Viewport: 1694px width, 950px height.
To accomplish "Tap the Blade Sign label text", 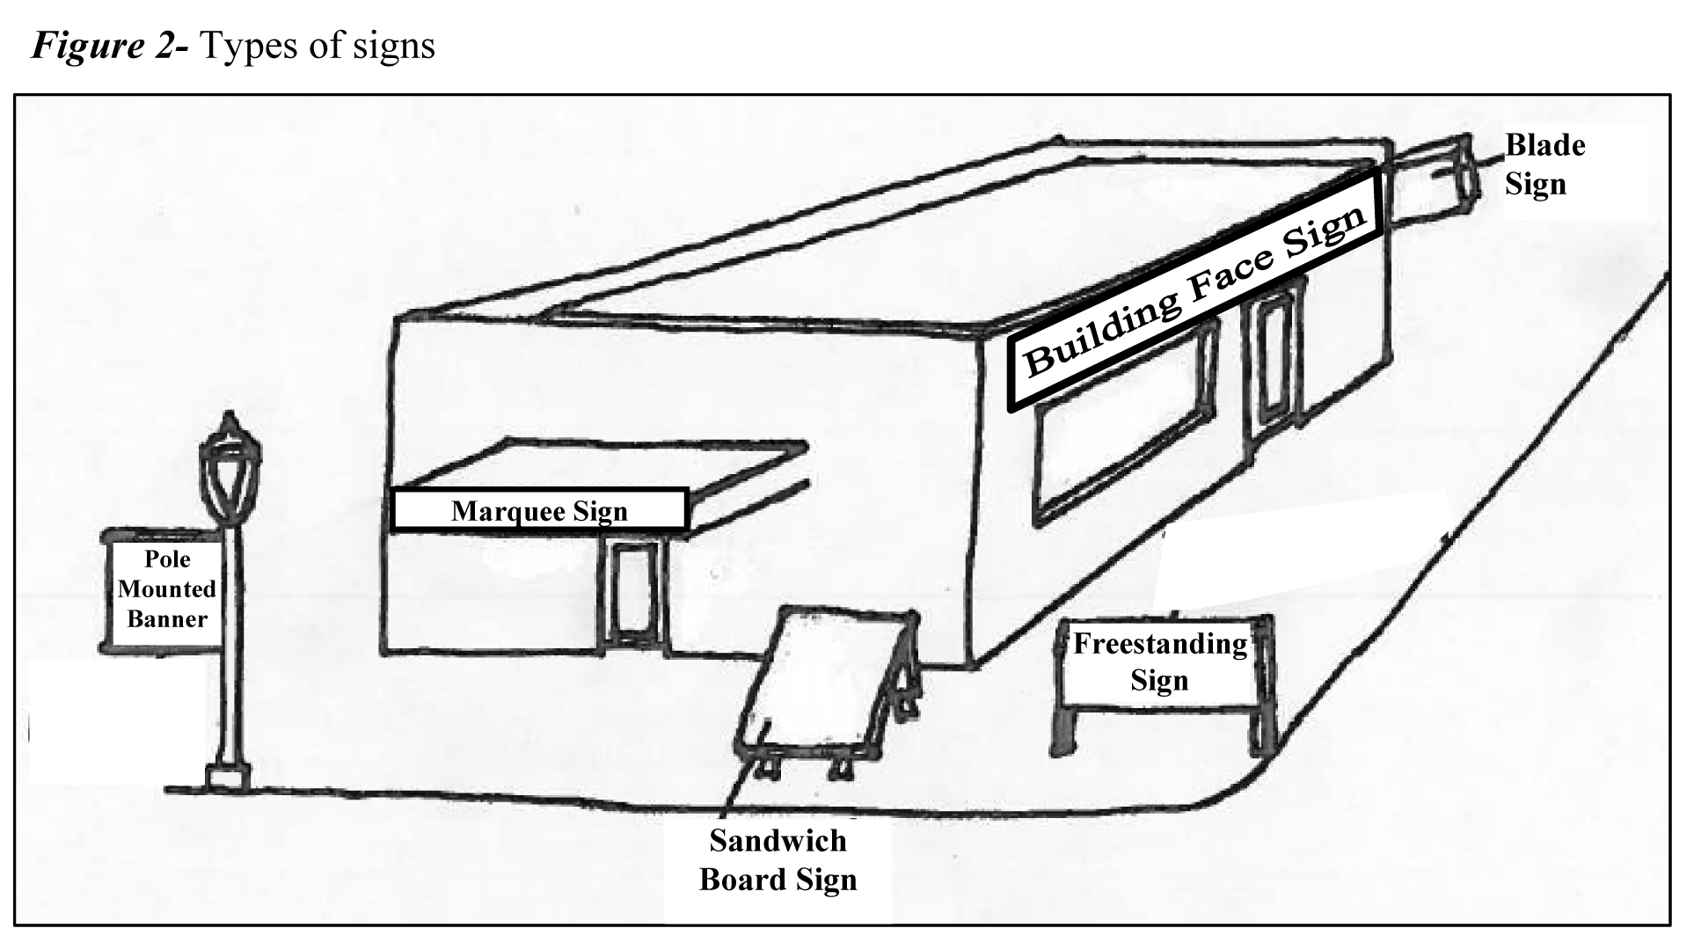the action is [x=1544, y=164].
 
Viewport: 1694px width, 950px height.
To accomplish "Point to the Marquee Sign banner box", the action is [x=538, y=511].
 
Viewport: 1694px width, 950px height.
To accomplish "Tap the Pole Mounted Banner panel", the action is [x=164, y=589].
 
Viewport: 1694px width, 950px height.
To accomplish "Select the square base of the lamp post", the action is [x=228, y=776].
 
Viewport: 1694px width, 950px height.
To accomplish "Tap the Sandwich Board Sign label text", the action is [x=778, y=860].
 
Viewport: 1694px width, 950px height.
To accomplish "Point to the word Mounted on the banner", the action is [x=166, y=589].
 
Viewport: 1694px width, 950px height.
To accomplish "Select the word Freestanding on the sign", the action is [x=1159, y=644].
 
